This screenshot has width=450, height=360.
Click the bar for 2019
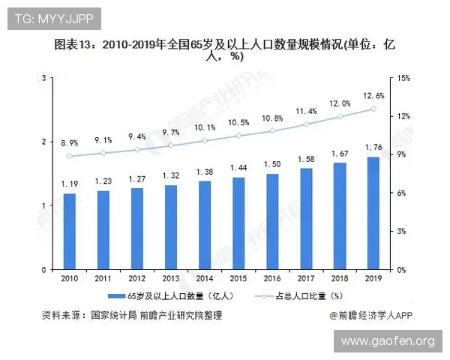point(373,213)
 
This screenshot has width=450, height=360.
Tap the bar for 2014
point(204,225)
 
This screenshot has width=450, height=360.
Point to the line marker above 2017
point(305,124)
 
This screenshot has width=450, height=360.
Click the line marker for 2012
point(136,150)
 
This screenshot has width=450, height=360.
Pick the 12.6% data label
point(373,95)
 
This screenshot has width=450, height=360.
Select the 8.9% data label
point(69,142)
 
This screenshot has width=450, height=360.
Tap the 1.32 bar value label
point(170,175)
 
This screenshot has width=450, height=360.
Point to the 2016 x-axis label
point(271,279)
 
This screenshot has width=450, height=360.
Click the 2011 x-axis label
point(103,279)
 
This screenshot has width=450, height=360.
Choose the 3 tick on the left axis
point(44,78)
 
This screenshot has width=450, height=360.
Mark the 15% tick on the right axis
point(402,78)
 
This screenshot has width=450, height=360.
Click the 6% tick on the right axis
point(400,193)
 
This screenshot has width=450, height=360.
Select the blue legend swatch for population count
point(112,296)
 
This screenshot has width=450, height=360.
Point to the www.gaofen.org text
point(388,341)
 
